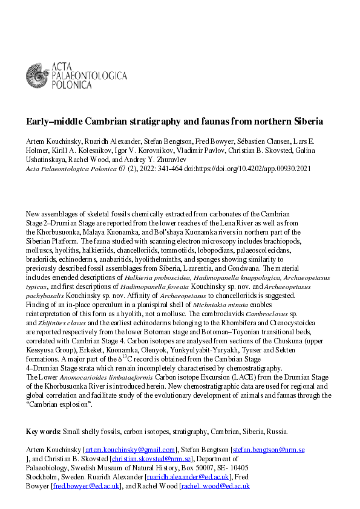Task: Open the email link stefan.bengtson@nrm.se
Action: pyautogui.click(x=269, y=450)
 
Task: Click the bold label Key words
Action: pyautogui.click(x=42, y=432)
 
